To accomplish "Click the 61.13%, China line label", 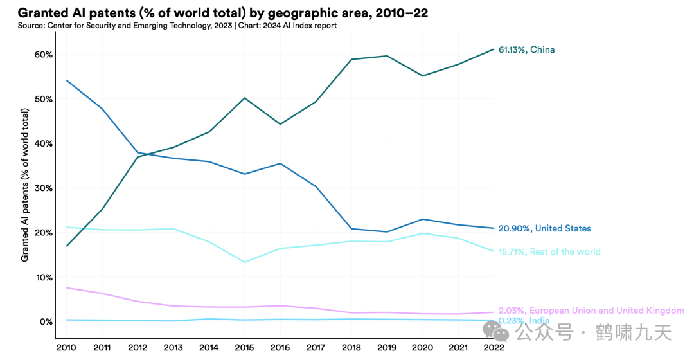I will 526,50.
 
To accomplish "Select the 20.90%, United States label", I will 544,228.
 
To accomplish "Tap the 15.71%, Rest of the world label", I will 549,251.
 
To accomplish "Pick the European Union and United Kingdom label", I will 591,310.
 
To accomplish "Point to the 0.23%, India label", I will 524,320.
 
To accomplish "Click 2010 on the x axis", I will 66,347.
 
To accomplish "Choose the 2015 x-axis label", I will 244,347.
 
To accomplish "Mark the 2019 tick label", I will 386,347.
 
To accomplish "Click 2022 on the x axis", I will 494,347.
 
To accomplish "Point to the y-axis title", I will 25,184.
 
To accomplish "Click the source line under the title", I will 177,26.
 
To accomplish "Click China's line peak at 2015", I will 244,98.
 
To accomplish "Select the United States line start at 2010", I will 67,80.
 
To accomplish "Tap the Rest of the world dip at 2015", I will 244,262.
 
